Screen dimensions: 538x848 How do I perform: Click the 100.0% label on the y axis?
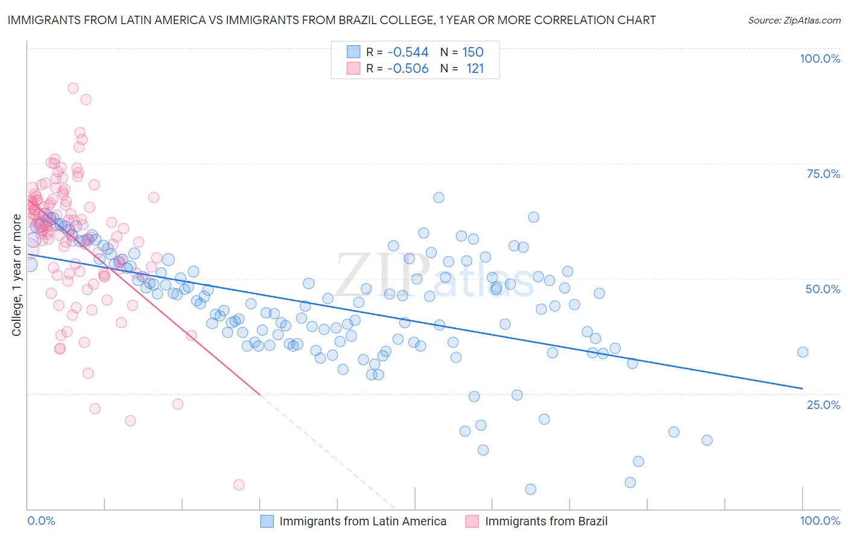coord(820,59)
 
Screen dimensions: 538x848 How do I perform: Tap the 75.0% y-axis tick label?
coord(823,174)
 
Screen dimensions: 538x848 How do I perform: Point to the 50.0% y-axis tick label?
coord(823,289)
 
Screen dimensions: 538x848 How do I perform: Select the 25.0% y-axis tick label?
coord(823,404)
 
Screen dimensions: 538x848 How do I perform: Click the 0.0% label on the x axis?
coord(41,521)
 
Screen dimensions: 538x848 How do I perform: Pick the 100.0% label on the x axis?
coord(820,521)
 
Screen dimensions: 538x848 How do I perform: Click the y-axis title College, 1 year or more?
coord(16,275)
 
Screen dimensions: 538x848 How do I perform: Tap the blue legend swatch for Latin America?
coord(267,521)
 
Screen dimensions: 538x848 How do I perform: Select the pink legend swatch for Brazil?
coord(472,521)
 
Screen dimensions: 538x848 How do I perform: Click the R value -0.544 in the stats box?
coord(407,52)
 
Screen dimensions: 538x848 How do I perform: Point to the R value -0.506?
coord(407,69)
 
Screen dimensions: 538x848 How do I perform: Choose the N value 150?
coord(473,52)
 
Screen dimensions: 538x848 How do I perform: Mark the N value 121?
coord(475,69)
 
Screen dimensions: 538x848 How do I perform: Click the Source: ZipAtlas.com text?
coord(794,21)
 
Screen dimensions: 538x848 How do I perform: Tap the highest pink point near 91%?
coord(73,88)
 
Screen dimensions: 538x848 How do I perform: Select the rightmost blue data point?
coord(802,352)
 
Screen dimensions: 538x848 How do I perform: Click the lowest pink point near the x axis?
coord(239,484)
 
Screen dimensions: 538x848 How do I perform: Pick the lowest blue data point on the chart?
coord(531,489)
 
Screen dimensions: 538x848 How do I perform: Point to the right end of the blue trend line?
coord(802,388)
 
